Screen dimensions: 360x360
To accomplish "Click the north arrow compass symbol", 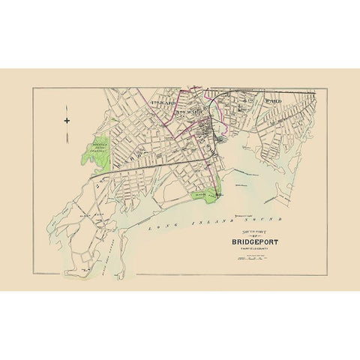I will pyautogui.click(x=66, y=120).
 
